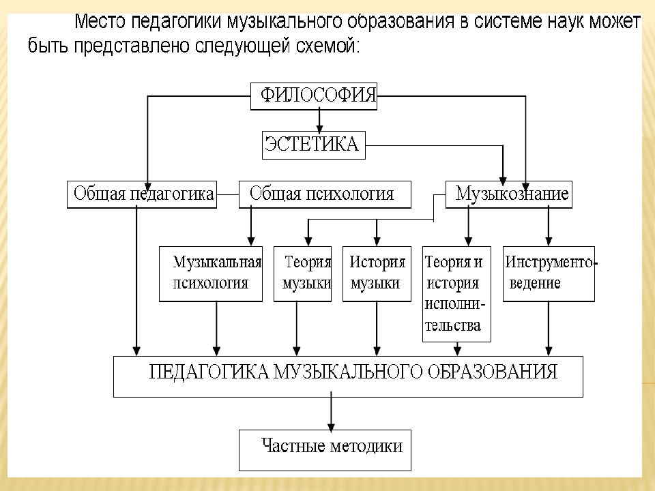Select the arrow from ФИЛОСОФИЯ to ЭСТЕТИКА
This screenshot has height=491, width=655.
pyautogui.click(x=319, y=121)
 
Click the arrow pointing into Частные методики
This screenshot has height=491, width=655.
pyautogui.click(x=332, y=411)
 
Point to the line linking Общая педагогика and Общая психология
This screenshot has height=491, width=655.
pyautogui.click(x=228, y=194)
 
